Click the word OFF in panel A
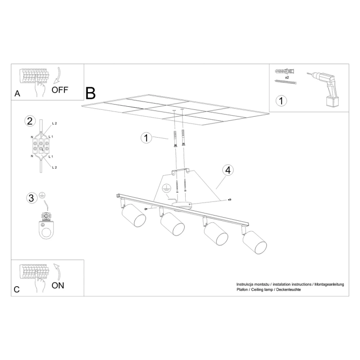click(x=60, y=89)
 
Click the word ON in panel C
click(x=58, y=285)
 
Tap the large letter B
click(x=91, y=93)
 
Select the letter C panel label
click(x=17, y=289)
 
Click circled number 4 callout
click(x=227, y=170)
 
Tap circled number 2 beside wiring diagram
click(x=30, y=121)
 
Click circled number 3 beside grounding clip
click(x=31, y=198)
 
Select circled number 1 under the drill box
click(x=282, y=100)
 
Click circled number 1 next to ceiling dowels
click(x=147, y=138)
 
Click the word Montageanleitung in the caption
click(x=328, y=284)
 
